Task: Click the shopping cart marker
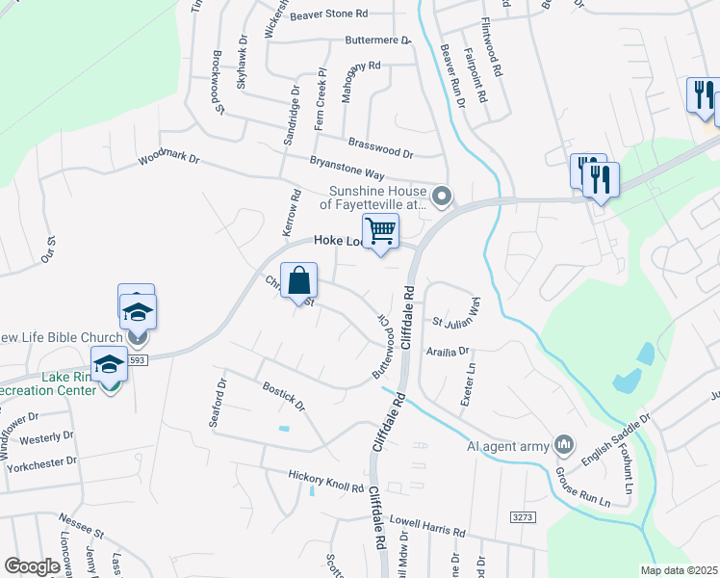pyautogui.click(x=381, y=231)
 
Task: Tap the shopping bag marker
pyautogui.click(x=299, y=280)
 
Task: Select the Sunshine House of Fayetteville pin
pyautogui.click(x=442, y=197)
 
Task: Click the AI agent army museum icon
pyautogui.click(x=564, y=445)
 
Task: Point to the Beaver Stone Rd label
pyautogui.click(x=330, y=14)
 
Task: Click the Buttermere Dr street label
pyautogui.click(x=378, y=41)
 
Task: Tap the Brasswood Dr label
pyautogui.click(x=380, y=146)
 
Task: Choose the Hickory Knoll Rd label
pyautogui.click(x=326, y=481)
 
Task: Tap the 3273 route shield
pyautogui.click(x=523, y=518)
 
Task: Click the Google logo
pyautogui.click(x=32, y=566)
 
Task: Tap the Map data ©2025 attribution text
pyautogui.click(x=679, y=570)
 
